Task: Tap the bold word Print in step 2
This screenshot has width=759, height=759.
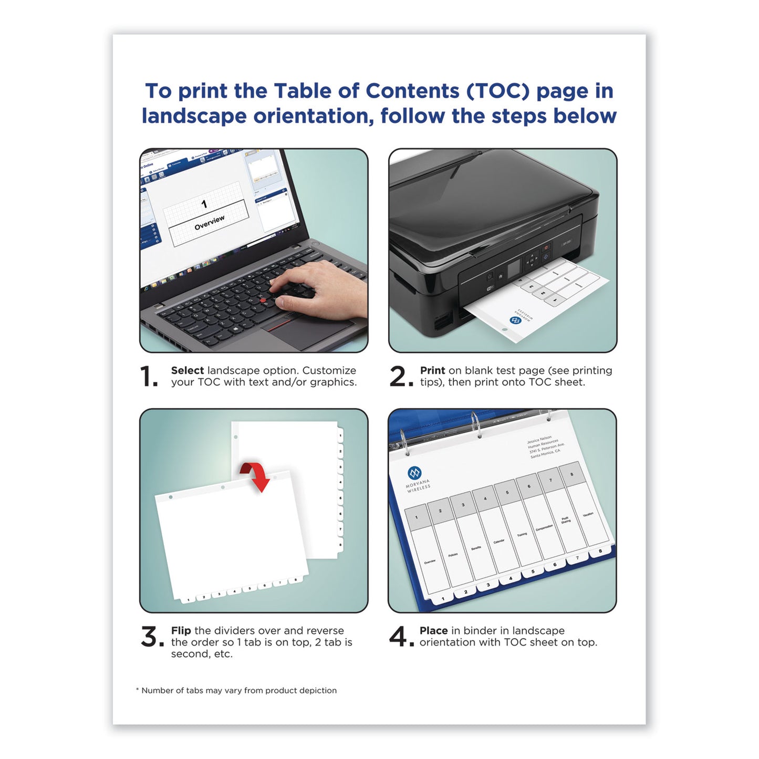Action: (432, 370)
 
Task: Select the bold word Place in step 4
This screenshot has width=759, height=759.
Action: (433, 630)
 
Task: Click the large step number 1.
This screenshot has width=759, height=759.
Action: (148, 377)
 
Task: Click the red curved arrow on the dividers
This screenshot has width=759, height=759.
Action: (256, 475)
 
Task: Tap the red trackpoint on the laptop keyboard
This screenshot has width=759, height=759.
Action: (263, 300)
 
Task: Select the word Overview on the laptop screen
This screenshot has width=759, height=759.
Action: (209, 223)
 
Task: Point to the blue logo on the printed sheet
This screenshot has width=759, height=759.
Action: (516, 319)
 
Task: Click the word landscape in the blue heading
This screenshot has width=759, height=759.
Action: (194, 116)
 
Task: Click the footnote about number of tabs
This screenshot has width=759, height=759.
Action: (236, 690)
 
